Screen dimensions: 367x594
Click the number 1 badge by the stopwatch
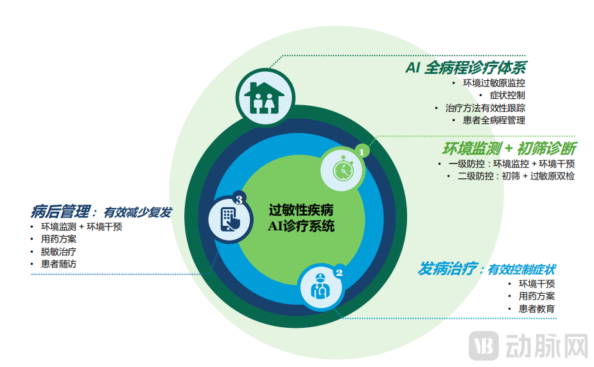pos(362,152)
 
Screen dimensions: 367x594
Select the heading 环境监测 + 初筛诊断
pos(509,148)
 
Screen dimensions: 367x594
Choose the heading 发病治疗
pos(449,269)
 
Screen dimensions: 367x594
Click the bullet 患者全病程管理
pos(493,120)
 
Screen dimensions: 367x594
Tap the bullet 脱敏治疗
pos(58,252)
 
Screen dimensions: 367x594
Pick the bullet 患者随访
pos(58,264)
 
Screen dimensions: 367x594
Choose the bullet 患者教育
pos(537,309)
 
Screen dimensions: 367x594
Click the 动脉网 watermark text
pos(546,346)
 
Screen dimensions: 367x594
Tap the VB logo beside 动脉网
pos(484,346)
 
